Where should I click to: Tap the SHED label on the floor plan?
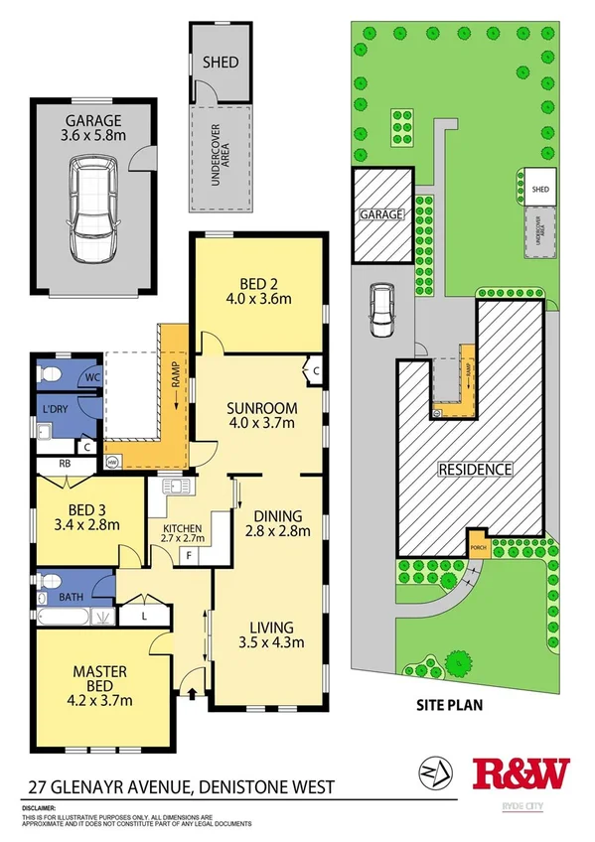(220, 62)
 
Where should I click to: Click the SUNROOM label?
(259, 407)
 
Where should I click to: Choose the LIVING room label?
(271, 627)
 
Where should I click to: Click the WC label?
(89, 377)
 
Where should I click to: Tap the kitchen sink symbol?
(178, 487)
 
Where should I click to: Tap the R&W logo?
(522, 773)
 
